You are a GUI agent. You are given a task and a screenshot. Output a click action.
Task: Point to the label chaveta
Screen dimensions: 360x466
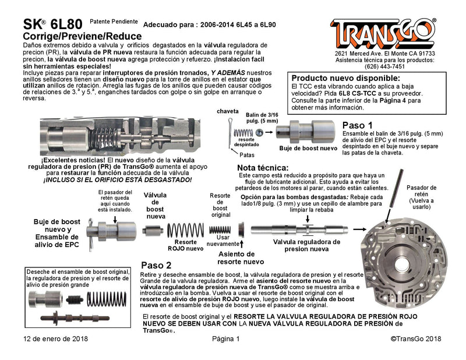point(228,111)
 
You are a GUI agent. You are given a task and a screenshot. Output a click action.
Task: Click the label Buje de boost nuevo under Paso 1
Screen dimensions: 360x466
point(308,149)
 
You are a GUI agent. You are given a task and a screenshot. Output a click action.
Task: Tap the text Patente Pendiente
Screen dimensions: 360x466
point(114,22)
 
